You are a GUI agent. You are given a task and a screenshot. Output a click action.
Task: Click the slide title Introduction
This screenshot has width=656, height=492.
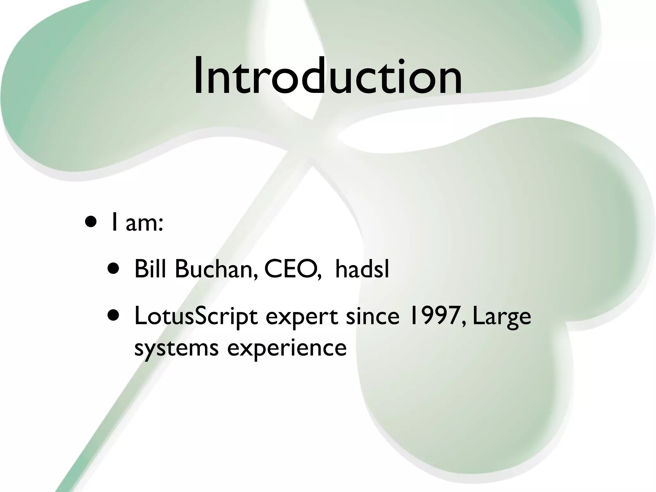pos(328,77)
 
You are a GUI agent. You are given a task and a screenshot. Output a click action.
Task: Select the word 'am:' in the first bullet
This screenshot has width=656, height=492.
pos(144,223)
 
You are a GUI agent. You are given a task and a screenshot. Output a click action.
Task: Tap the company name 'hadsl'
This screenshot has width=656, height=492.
pos(362,269)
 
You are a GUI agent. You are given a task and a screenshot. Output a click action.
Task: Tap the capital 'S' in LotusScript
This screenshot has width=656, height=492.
pos(201,316)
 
